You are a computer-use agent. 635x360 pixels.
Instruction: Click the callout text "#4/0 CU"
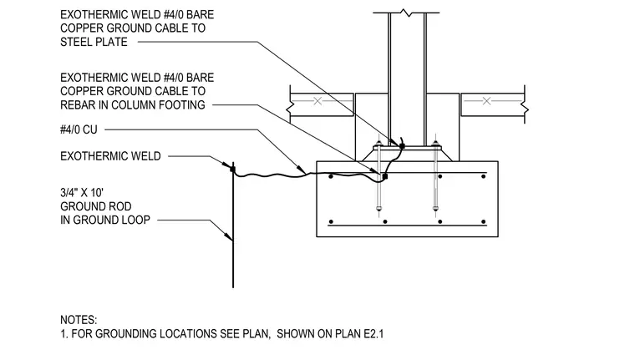(79, 129)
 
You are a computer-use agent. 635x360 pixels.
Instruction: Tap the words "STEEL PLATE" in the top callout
(94, 42)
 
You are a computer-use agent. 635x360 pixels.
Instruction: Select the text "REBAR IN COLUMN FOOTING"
(133, 105)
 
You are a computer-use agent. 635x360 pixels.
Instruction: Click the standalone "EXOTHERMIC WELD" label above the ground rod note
(110, 156)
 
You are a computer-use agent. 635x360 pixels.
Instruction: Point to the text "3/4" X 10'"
(82, 193)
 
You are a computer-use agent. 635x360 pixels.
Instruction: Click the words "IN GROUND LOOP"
(105, 220)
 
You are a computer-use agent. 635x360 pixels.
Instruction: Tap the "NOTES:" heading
(79, 320)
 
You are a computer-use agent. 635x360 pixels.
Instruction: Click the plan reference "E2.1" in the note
(373, 333)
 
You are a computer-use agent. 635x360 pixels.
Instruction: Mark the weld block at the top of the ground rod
(232, 168)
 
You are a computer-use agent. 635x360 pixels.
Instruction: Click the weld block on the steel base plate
(402, 146)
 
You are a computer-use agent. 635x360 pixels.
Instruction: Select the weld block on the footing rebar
(384, 176)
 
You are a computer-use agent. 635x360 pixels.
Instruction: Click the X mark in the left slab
(317, 101)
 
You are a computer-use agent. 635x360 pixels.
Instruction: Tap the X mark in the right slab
(486, 101)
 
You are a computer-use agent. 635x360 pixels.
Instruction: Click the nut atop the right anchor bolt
(435, 144)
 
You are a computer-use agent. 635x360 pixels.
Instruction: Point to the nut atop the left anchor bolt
(378, 144)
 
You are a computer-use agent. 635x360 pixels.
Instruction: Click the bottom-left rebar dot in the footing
(331, 221)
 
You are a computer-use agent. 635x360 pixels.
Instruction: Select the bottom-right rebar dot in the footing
(483, 221)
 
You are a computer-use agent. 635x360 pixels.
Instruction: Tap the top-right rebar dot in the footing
(483, 176)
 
